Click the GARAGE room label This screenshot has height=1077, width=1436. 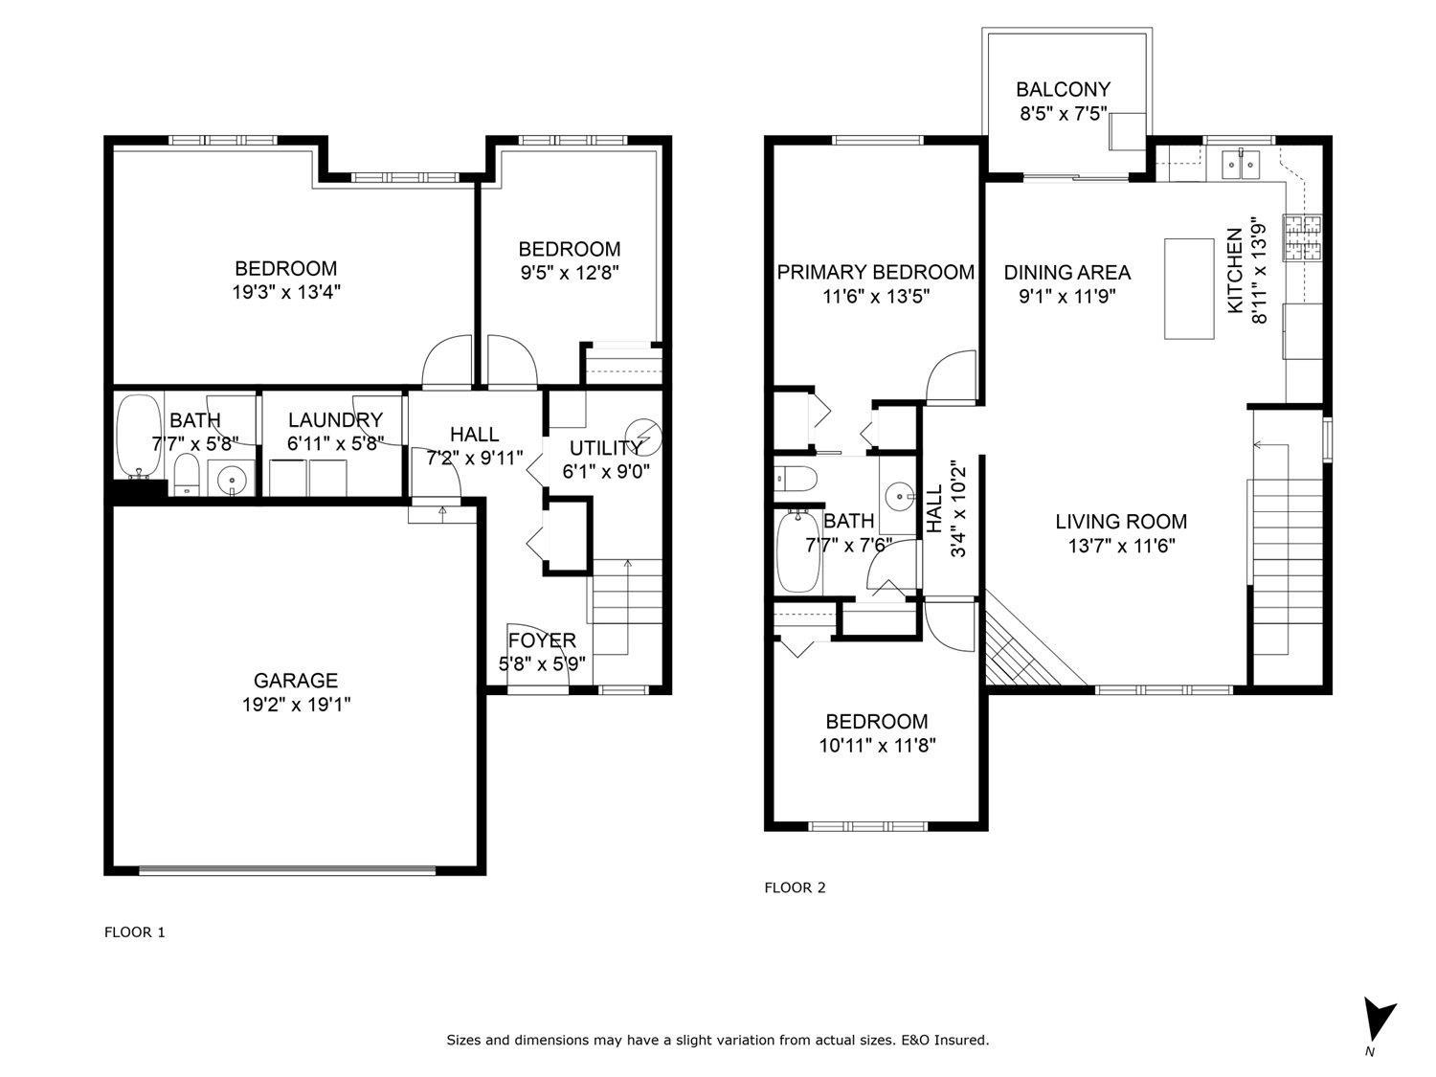pyautogui.click(x=296, y=681)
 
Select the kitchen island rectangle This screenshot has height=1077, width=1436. pyautogui.click(x=1188, y=288)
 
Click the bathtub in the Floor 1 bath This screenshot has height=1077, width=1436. pyautogui.click(x=139, y=436)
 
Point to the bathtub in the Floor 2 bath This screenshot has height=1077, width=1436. pyautogui.click(x=797, y=553)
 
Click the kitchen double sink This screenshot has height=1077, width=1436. pyautogui.click(x=1243, y=165)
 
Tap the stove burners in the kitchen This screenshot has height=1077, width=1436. pyautogui.click(x=1302, y=239)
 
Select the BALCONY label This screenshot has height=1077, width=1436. pyautogui.click(x=1063, y=90)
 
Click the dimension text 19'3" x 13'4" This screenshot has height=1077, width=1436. pyautogui.click(x=286, y=292)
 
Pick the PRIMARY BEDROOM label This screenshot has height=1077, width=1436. pyautogui.click(x=875, y=273)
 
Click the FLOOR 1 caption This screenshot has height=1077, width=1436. pyautogui.click(x=135, y=931)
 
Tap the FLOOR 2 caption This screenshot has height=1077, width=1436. pyautogui.click(x=795, y=887)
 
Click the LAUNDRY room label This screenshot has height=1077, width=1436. pyautogui.click(x=335, y=420)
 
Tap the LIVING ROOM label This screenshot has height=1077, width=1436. pyautogui.click(x=1121, y=522)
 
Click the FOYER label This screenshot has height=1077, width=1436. pyautogui.click(x=542, y=640)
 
